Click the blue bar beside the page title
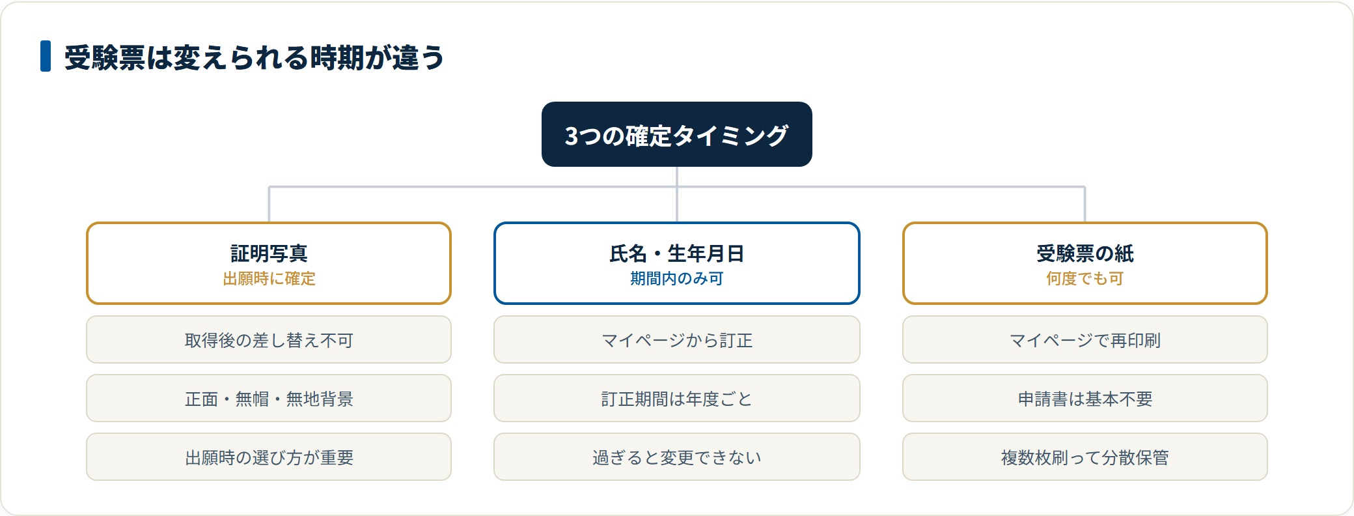click(x=46, y=56)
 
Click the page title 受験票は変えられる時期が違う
click(x=254, y=57)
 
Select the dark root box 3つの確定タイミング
click(x=677, y=134)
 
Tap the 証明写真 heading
click(x=269, y=253)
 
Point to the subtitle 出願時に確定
click(x=269, y=279)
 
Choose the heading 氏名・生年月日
click(x=677, y=253)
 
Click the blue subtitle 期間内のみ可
click(x=677, y=279)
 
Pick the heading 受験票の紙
click(x=1085, y=253)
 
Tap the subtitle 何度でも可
click(x=1085, y=279)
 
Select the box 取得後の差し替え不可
click(x=269, y=339)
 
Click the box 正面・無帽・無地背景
click(x=269, y=398)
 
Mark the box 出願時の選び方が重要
click(x=269, y=457)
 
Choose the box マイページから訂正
click(x=677, y=339)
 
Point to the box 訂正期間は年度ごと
click(x=677, y=398)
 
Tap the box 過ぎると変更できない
click(x=677, y=457)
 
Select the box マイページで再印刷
click(x=1085, y=339)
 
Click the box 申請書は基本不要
click(x=1085, y=398)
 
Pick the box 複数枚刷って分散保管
click(x=1085, y=457)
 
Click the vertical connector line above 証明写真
click(x=269, y=205)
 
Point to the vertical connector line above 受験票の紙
click(x=1085, y=205)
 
